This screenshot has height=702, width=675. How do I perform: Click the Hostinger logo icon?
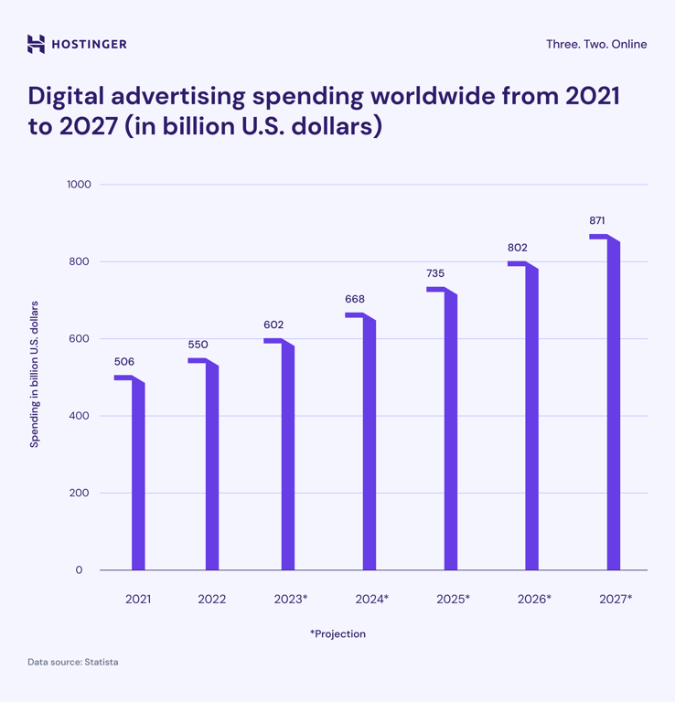(36, 44)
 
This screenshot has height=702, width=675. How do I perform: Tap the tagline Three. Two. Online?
(595, 44)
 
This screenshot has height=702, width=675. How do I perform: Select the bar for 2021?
(138, 475)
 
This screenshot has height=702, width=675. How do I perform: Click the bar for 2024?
(369, 448)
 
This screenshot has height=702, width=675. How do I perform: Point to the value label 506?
(123, 362)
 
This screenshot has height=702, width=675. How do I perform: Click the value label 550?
(198, 345)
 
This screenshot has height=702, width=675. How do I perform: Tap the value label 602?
(273, 324)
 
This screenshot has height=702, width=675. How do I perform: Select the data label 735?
(435, 273)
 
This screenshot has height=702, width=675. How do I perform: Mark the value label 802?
(517, 248)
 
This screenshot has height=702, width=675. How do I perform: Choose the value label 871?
(597, 220)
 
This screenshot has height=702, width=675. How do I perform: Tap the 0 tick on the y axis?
(79, 570)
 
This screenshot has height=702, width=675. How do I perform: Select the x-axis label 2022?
(212, 600)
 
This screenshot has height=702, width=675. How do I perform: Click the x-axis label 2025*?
(453, 600)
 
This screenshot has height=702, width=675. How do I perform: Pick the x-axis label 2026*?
(534, 600)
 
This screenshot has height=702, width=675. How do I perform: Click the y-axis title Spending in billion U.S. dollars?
(35, 374)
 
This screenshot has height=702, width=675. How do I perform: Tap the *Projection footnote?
(337, 633)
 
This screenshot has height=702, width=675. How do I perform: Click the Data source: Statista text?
(72, 662)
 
